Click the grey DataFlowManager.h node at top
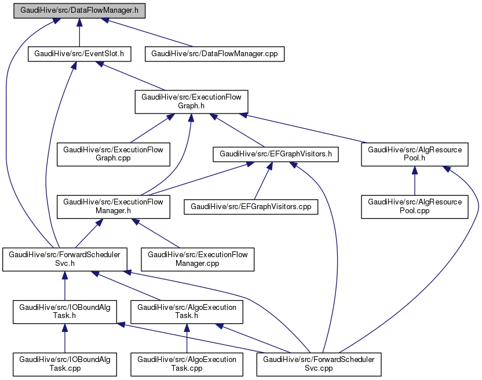click(79, 11)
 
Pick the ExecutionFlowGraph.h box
click(191, 101)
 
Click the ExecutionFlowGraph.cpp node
click(113, 154)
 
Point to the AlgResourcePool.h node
click(415, 154)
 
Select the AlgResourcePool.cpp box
click(415, 206)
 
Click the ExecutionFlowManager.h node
click(113, 206)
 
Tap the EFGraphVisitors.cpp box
click(251, 206)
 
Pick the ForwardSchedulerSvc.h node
click(64, 259)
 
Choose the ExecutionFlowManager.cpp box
click(198, 259)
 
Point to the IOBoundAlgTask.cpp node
click(64, 364)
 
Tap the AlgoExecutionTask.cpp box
click(187, 364)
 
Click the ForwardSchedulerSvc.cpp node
click(319, 364)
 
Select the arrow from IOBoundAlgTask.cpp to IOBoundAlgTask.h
click(64, 338)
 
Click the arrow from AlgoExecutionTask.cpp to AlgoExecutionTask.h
click(187, 338)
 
